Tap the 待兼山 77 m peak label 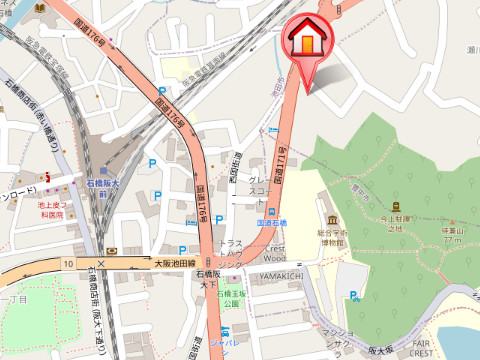pyautogui.click(x=454, y=234)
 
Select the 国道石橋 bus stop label pyautogui.click(x=271, y=223)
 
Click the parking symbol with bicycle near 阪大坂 pyautogui.click(x=355, y=295)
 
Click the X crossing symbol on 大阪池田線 pyautogui.click(x=101, y=264)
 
